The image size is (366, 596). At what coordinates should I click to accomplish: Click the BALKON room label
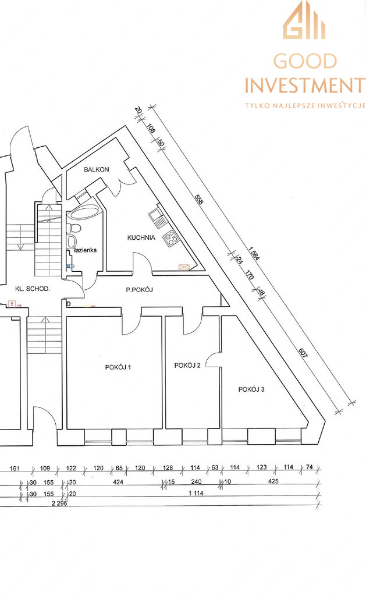97,169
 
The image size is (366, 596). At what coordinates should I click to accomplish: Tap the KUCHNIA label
141,237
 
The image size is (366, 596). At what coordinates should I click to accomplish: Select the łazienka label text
86,250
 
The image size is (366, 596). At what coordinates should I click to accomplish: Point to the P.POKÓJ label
140,290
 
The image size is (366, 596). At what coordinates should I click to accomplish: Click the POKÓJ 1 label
118,367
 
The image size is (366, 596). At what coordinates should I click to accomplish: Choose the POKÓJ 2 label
187,366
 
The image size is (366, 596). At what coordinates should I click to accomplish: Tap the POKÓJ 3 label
251,389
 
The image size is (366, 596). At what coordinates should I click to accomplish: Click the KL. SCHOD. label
33,289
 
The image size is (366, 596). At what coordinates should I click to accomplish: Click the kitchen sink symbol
157,216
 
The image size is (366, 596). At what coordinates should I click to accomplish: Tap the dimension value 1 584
254,254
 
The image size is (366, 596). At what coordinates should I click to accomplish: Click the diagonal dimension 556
199,199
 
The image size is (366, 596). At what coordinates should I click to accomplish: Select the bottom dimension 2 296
59,503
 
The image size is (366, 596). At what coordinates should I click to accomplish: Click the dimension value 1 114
196,493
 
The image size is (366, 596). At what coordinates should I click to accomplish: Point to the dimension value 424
118,481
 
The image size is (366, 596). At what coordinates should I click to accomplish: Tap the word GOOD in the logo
305,61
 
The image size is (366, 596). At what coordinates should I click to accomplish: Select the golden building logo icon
304,20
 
